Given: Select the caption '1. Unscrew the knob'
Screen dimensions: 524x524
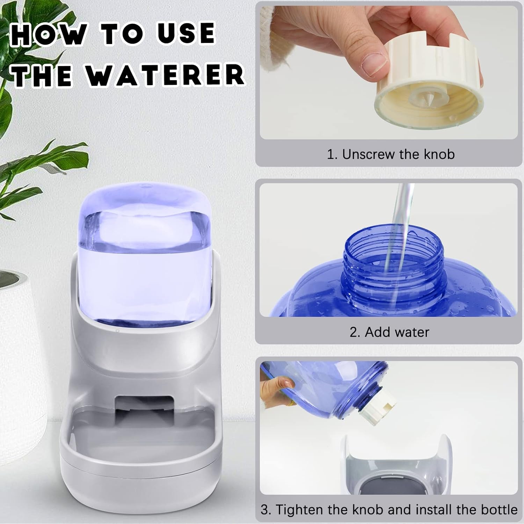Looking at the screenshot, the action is [391, 154].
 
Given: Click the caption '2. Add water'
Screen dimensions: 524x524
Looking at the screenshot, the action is [389, 332].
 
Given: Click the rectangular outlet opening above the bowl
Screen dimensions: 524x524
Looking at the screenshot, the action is [144, 413].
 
